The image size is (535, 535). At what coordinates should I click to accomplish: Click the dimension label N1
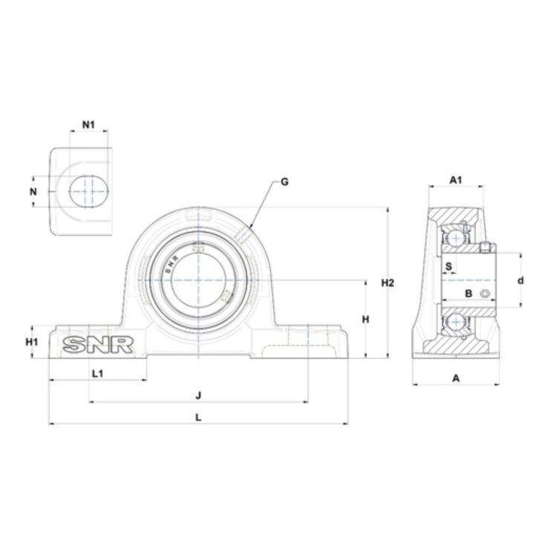pyautogui.click(x=88, y=125)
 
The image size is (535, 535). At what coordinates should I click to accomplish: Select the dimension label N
pyautogui.click(x=33, y=192)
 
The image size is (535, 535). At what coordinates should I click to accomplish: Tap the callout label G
pyautogui.click(x=284, y=182)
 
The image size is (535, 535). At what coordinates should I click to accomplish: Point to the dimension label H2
pyautogui.click(x=388, y=283)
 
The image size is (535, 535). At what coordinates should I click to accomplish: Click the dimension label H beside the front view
pyautogui.click(x=366, y=320)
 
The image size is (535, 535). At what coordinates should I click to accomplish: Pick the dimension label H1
pyautogui.click(x=32, y=342)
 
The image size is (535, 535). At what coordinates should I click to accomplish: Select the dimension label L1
pyautogui.click(x=98, y=374)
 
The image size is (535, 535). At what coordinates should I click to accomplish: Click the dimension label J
pyautogui.click(x=198, y=396)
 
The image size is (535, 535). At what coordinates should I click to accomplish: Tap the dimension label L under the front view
pyautogui.click(x=198, y=417)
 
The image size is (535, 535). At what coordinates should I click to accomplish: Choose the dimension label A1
pyautogui.click(x=455, y=180)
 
